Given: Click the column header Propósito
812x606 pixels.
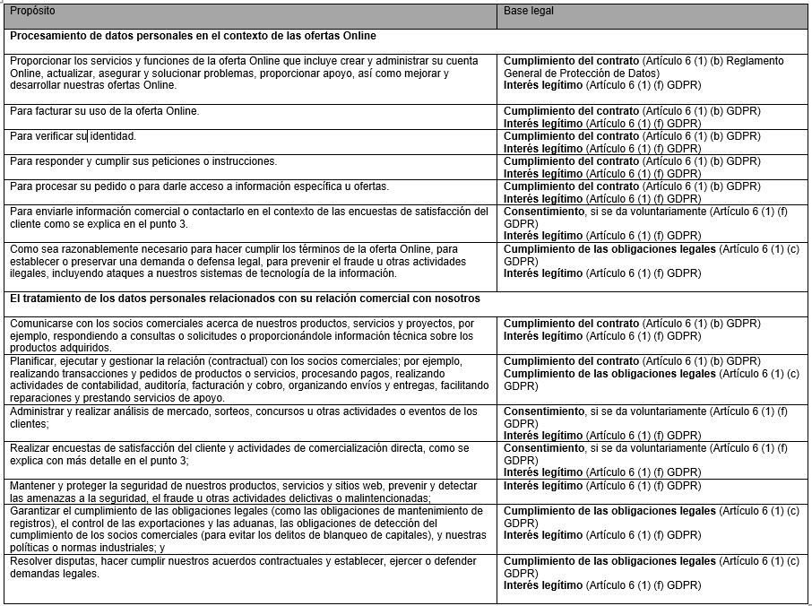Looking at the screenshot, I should [x=33, y=11].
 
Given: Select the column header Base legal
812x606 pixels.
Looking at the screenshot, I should [x=529, y=11].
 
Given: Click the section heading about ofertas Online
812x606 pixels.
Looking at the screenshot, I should [x=193, y=36].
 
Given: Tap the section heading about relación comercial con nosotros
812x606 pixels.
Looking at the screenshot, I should [x=245, y=298].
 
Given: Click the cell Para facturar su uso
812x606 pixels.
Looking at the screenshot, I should [x=105, y=111].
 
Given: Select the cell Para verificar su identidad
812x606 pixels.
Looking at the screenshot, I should [x=73, y=136].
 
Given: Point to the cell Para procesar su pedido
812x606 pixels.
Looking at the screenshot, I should [x=199, y=186].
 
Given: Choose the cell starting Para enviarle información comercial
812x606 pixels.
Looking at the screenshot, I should [x=249, y=217].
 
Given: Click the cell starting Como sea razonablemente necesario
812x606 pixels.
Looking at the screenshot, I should [x=233, y=260].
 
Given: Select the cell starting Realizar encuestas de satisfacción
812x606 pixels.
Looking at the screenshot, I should [x=239, y=454].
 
